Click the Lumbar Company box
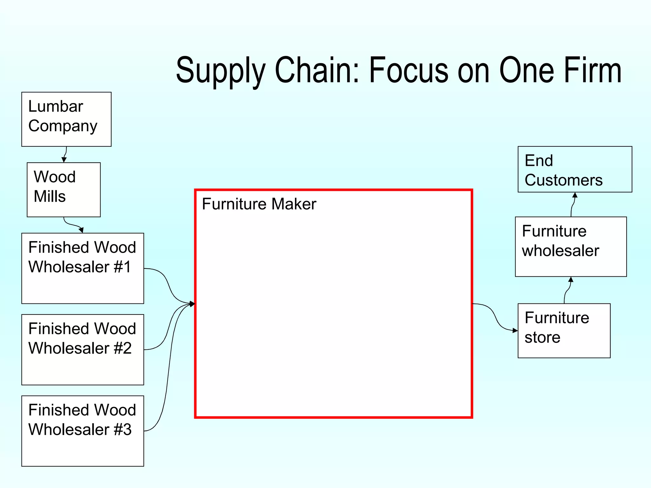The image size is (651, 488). (66, 119)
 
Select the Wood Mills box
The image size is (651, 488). (64, 190)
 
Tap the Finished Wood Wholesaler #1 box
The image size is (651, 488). (83, 268)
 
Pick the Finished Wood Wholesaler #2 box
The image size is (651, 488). (83, 349)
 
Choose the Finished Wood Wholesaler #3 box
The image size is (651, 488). (83, 431)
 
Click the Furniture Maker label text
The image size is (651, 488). (259, 204)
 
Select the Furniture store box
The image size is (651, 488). (564, 331)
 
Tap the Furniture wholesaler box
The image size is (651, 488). (571, 247)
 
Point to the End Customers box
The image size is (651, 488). (575, 169)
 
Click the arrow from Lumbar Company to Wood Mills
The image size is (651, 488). (65, 155)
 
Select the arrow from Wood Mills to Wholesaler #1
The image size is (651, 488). (72, 225)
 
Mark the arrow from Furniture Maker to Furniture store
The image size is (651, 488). (495, 317)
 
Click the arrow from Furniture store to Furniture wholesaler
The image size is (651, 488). (568, 290)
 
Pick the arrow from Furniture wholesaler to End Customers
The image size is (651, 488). (573, 205)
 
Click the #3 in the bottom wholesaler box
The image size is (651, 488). (123, 430)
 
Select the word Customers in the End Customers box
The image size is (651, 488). (563, 180)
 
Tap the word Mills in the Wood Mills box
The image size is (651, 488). (50, 196)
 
